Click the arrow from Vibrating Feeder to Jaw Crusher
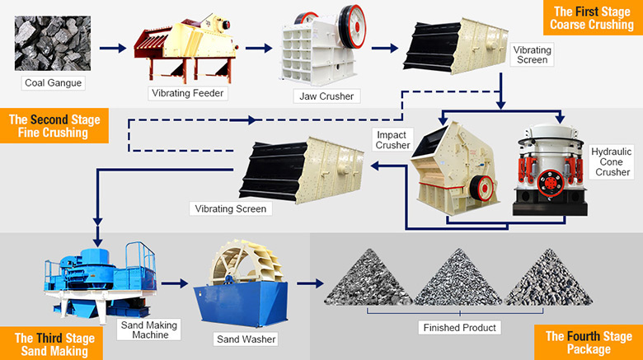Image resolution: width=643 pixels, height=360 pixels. tap(257, 48)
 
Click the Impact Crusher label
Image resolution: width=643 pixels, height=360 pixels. tap(392, 139)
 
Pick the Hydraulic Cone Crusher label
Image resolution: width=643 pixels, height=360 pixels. tap(611, 161)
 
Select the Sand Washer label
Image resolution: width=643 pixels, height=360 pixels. tap(246, 339)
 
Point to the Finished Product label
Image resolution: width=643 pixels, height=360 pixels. tap(459, 328)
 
